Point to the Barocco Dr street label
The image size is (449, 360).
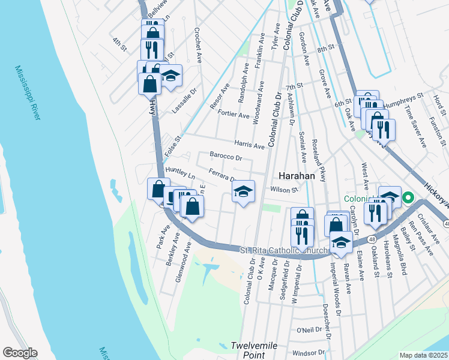pyautogui.click(x=225, y=158)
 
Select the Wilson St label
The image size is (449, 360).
pyautogui.click(x=285, y=190)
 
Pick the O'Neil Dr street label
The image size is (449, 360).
pyautogui.click(x=310, y=329)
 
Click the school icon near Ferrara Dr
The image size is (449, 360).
pyautogui.click(x=243, y=192)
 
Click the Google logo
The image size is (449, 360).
pyautogui.click(x=20, y=353)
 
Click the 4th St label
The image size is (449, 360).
pyautogui.click(x=119, y=44)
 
